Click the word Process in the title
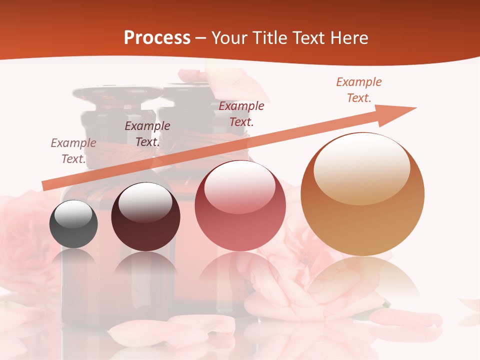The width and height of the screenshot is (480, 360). (x=157, y=38)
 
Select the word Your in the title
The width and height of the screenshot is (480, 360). (x=230, y=38)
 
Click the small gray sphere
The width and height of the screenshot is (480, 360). (x=73, y=224)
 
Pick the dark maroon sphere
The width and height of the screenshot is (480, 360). (x=145, y=217)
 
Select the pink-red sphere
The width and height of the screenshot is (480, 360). (x=240, y=205)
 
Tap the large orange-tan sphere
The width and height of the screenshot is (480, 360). (x=362, y=194)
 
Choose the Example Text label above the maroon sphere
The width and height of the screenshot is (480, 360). (x=147, y=134)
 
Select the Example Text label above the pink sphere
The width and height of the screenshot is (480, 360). (x=241, y=114)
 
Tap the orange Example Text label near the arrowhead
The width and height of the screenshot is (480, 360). (x=359, y=90)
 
